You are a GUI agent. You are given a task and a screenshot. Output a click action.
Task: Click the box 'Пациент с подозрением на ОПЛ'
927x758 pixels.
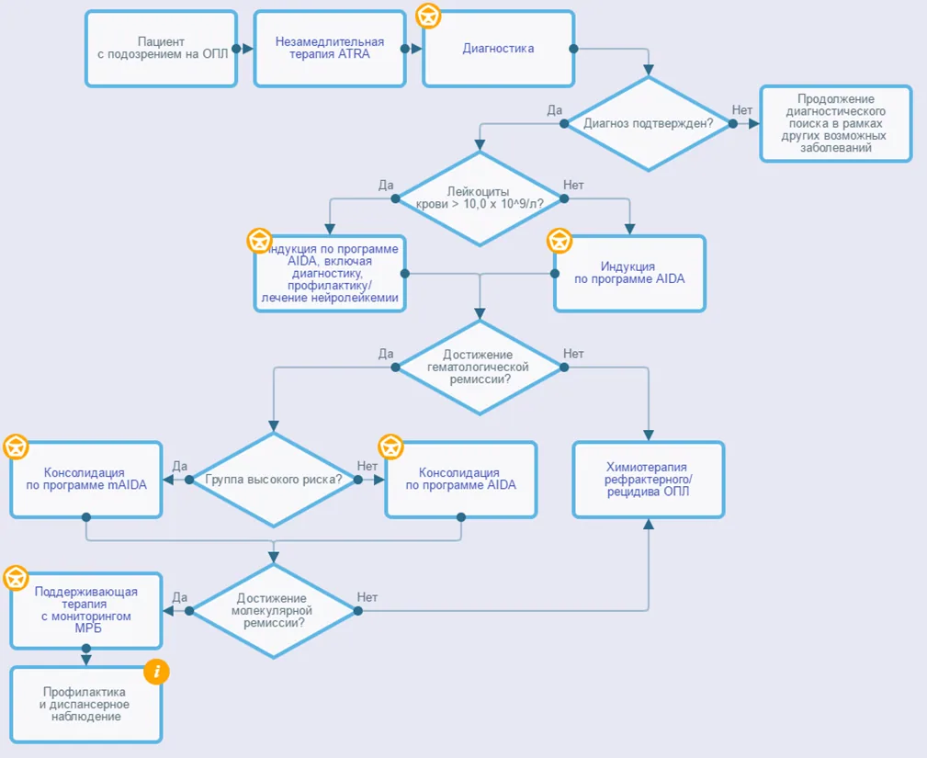coord(161,49)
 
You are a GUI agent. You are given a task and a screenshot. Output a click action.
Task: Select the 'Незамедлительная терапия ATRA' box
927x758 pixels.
coord(330,49)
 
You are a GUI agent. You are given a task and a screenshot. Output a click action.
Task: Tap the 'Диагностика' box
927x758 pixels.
coord(498,49)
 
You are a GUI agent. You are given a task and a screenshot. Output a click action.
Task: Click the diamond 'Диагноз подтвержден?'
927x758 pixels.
coord(648,123)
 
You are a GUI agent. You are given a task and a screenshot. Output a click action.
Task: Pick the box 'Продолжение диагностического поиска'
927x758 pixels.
coord(836,123)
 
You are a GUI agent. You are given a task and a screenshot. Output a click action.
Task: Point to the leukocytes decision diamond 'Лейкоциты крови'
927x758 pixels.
coord(480,198)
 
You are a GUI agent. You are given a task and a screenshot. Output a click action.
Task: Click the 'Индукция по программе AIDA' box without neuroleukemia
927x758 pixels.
coord(629,273)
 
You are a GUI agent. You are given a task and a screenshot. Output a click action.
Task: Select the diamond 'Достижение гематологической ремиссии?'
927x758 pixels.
coord(480,368)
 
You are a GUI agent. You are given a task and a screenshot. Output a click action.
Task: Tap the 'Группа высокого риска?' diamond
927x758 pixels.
coord(273,480)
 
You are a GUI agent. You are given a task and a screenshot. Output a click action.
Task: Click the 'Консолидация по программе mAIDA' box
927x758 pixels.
coord(86,480)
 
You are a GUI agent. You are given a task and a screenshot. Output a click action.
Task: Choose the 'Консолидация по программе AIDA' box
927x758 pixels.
coord(461,480)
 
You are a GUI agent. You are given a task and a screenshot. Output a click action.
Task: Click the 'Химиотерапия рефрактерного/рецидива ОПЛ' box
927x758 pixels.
coord(649,480)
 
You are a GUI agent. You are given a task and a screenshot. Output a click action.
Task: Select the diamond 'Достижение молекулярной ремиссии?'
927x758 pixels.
coord(273,611)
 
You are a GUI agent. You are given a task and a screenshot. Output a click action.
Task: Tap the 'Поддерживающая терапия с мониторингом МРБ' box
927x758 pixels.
coord(86,611)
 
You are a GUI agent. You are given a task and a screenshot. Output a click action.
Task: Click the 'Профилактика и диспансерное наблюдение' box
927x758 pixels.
coord(86,704)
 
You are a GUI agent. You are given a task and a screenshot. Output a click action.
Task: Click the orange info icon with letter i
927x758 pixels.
coord(157,672)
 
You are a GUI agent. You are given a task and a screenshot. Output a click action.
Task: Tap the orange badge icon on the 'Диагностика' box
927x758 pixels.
coord(429,16)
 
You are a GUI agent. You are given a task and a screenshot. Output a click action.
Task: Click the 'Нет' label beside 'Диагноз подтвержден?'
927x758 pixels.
coord(742,110)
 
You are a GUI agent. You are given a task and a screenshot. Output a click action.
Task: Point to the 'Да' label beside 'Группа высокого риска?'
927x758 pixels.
coord(180,466)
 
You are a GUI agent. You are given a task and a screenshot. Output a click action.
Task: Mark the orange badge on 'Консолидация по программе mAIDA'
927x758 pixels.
coord(16,447)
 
